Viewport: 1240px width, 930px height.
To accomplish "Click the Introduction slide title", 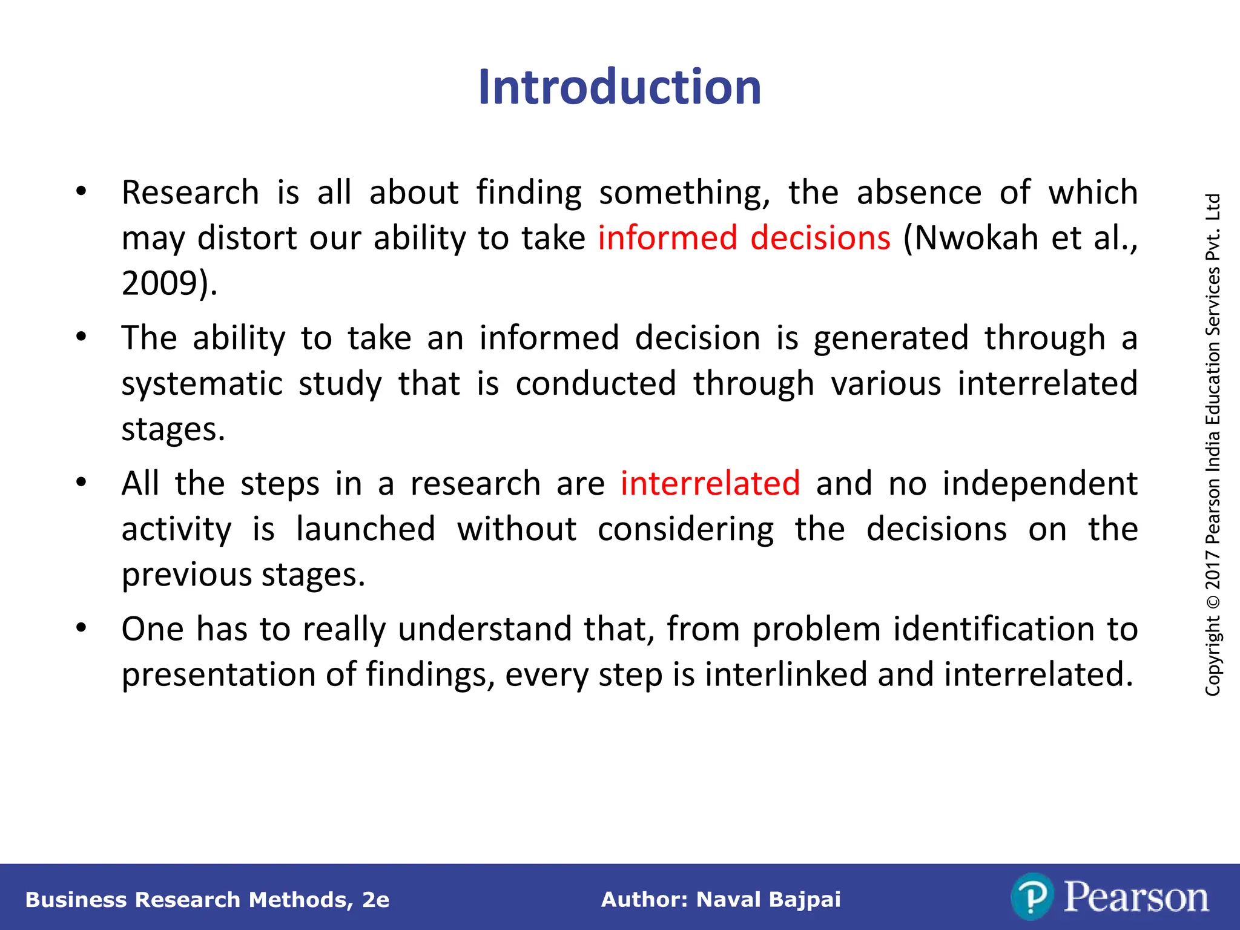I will [x=619, y=87].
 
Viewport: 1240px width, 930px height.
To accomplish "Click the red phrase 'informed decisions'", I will [x=744, y=237].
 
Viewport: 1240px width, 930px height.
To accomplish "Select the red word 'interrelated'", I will [x=710, y=483].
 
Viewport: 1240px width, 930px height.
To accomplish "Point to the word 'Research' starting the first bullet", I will [x=190, y=193].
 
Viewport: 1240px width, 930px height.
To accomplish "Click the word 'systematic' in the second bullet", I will [x=202, y=384].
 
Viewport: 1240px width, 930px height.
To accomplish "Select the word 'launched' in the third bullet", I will [x=365, y=529].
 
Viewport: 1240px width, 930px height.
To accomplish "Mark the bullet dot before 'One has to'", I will [x=81, y=627].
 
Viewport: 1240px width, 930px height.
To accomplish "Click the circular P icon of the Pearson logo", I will [x=1031, y=897].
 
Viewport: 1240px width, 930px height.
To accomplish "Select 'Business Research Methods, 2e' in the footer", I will [x=207, y=900].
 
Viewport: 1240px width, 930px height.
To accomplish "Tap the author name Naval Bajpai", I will [x=768, y=900].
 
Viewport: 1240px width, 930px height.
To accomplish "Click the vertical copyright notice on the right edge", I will [x=1212, y=444].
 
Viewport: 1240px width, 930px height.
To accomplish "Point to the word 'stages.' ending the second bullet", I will [x=173, y=429].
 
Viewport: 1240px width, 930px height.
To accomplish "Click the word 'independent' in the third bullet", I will [x=1040, y=483].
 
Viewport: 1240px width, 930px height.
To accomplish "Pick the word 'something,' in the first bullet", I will [x=684, y=193].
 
